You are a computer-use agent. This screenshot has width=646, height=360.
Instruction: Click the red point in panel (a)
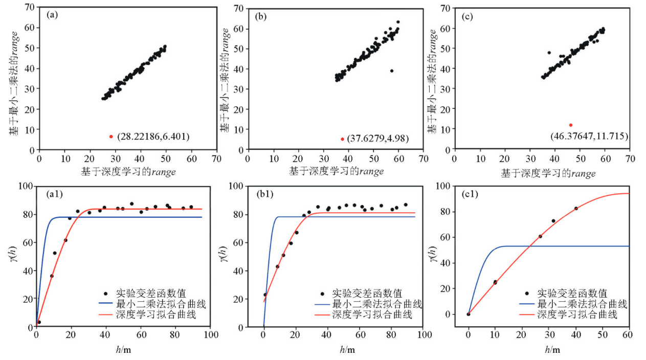click(111, 137)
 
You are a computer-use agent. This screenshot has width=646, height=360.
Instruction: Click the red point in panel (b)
click(342, 139)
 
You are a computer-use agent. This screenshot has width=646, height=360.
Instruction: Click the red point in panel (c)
click(570, 125)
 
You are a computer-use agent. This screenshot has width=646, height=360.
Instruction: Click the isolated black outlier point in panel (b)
click(392, 71)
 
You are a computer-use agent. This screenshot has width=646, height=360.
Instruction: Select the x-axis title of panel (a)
click(128, 172)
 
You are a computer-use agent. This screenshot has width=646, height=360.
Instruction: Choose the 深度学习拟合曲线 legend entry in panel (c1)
click(577, 314)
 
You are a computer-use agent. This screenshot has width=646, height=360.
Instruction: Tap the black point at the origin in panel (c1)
click(469, 314)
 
